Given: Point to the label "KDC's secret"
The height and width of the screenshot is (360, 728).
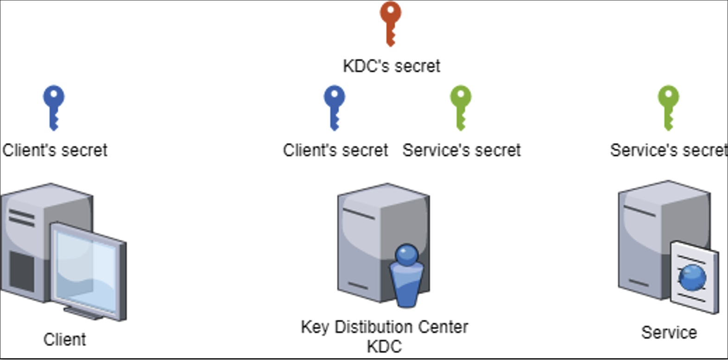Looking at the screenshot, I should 391,66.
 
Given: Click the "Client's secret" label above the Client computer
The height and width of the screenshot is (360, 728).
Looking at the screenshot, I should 55,150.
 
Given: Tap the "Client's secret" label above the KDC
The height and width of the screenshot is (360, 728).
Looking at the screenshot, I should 336,150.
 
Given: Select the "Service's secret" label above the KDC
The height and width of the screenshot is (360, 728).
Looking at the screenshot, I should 462,150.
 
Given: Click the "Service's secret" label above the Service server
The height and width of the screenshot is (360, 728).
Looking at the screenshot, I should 668,150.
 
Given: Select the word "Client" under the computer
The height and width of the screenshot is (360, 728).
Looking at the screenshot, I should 64,340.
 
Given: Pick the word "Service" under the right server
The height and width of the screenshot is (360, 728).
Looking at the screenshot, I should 669,333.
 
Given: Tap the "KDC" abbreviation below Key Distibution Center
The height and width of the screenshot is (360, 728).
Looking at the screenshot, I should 384,347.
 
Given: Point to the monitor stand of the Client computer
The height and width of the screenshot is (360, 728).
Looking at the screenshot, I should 83,313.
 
